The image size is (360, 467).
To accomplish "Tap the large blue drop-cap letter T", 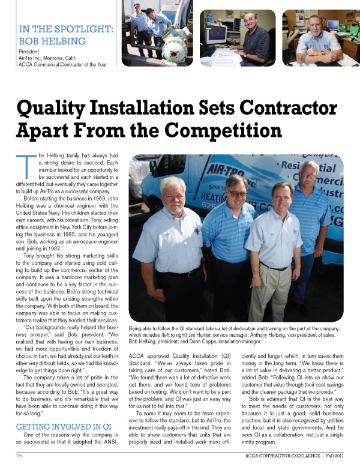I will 23,167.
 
